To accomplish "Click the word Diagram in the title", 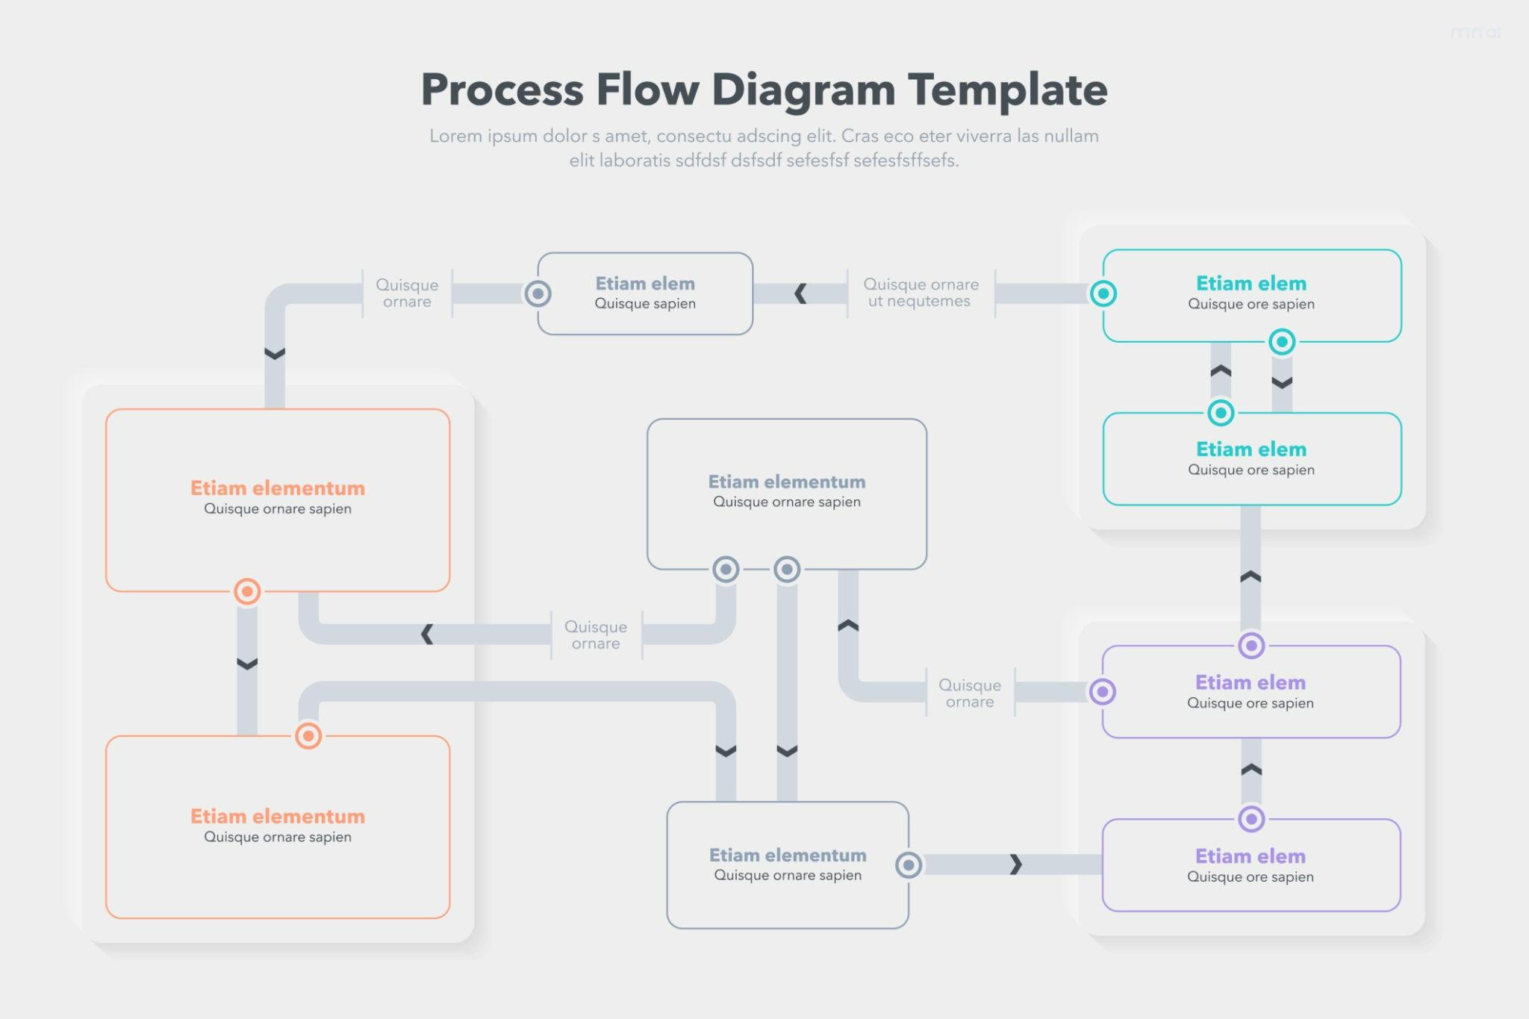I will (x=803, y=90).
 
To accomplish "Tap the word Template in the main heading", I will (x=1007, y=90).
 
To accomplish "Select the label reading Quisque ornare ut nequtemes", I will (x=921, y=293).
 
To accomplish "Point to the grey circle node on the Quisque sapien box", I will (x=538, y=293).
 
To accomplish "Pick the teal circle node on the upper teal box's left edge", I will (x=1103, y=293).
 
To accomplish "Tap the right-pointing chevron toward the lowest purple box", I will (x=1015, y=864).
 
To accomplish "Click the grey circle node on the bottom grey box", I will (x=909, y=865).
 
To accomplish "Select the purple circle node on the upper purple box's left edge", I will (x=1103, y=691).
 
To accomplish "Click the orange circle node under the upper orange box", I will (x=247, y=591).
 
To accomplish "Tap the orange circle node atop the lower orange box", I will (x=308, y=735).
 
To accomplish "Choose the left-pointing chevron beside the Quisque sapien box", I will (x=801, y=293).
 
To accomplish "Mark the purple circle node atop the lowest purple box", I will (x=1251, y=819).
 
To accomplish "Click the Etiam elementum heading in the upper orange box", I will (x=278, y=488).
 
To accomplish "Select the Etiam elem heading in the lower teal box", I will (x=1251, y=449).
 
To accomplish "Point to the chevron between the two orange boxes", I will (x=247, y=663).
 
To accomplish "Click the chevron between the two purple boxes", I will (x=1251, y=770).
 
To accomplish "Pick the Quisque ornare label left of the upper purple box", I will (x=970, y=694).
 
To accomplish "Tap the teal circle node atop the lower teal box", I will (x=1221, y=412).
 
